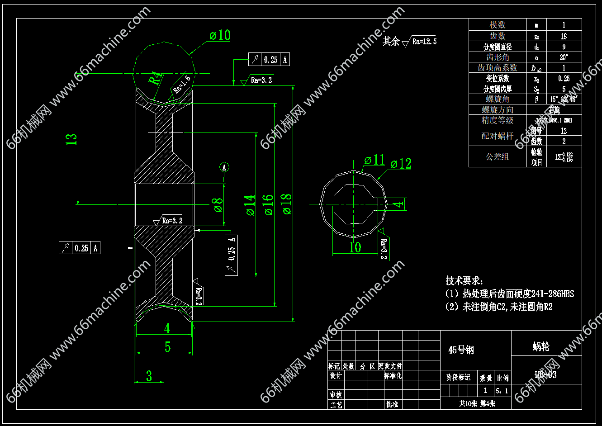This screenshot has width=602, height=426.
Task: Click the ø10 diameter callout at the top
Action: pyautogui.click(x=220, y=36)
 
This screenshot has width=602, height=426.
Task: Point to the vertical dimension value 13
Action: pyautogui.click(x=71, y=139)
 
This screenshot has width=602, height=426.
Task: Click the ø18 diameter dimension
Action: pyautogui.click(x=286, y=204)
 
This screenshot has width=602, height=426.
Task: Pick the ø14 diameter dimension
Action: pyautogui.click(x=250, y=204)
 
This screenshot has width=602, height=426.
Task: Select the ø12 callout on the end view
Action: pyautogui.click(x=401, y=164)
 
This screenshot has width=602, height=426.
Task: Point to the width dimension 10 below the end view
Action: pyautogui.click(x=355, y=247)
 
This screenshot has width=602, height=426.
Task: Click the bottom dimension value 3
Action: pyautogui.click(x=149, y=376)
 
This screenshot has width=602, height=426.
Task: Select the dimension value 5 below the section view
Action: pyautogui.click(x=167, y=347)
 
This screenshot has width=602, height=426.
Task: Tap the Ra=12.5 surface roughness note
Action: pyautogui.click(x=424, y=42)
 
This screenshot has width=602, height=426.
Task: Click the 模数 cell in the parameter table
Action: pyautogui.click(x=498, y=25)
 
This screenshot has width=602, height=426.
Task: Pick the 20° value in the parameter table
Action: pyautogui.click(x=564, y=57)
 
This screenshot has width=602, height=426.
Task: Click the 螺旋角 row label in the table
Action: pyautogui.click(x=498, y=99)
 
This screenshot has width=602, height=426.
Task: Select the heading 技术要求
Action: pyautogui.click(x=465, y=280)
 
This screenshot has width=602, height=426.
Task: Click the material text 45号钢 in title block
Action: pyautogui.click(x=461, y=350)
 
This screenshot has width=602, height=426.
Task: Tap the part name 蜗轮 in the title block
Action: pyautogui.click(x=541, y=347)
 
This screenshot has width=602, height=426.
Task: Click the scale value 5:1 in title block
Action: pyautogui.click(x=502, y=391)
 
